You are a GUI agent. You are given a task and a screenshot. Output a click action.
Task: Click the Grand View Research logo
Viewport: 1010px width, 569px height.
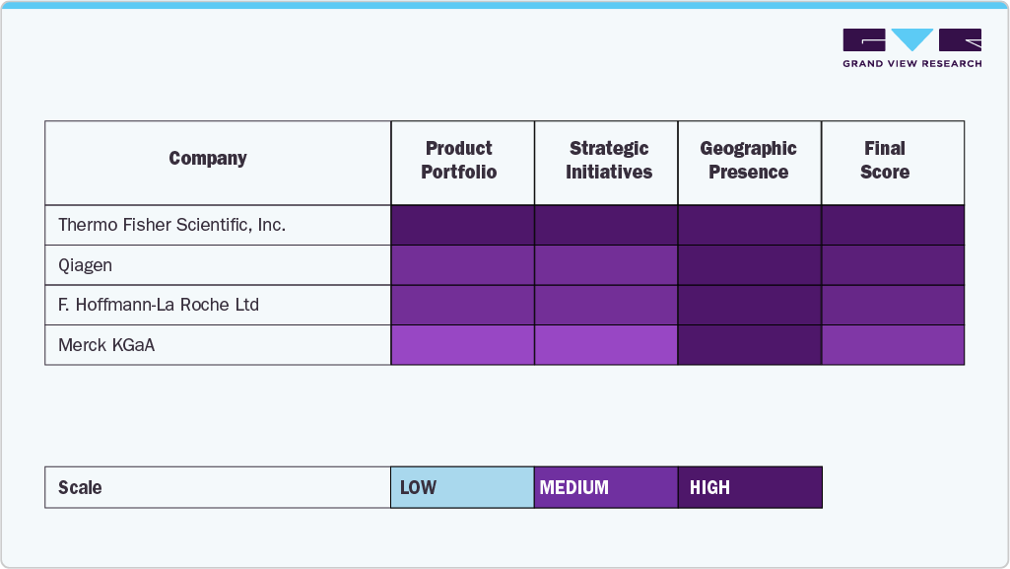(911, 48)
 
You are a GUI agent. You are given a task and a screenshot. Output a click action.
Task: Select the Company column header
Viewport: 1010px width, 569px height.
(208, 159)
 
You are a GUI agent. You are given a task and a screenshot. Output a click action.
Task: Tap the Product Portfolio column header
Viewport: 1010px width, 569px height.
(459, 161)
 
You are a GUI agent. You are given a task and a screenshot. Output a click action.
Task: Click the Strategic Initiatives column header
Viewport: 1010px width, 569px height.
(608, 161)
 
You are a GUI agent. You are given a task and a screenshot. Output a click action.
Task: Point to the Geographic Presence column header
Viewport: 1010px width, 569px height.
(749, 161)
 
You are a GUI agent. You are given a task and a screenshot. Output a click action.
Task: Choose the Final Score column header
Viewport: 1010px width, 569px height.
(885, 161)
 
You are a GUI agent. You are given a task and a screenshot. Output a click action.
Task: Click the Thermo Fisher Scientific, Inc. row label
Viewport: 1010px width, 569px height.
(171, 225)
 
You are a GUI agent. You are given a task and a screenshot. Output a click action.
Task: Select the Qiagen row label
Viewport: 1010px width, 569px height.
(86, 265)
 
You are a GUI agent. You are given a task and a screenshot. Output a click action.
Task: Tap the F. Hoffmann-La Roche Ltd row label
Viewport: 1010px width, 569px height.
(159, 305)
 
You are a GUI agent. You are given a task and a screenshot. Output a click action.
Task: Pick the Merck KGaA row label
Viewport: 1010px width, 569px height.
(105, 345)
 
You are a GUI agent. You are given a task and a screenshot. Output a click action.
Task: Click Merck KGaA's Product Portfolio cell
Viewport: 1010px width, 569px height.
(463, 345)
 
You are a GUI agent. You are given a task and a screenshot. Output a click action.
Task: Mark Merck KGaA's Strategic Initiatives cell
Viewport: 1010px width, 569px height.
(606, 345)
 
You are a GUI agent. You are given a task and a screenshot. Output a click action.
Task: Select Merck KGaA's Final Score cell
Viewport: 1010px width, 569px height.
(893, 345)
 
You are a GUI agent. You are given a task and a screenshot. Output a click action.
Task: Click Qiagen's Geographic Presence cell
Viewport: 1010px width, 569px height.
(750, 265)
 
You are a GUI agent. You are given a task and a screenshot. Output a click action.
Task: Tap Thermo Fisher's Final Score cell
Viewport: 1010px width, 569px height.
(893, 225)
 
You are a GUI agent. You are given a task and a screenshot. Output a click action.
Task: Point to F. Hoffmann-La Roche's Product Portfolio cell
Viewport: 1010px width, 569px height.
(463, 305)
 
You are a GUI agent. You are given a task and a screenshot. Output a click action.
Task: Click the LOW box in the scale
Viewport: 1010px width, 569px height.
(462, 487)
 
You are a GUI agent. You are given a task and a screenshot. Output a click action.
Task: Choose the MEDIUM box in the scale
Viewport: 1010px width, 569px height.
(606, 487)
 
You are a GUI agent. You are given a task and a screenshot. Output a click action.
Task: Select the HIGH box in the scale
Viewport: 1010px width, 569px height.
(750, 487)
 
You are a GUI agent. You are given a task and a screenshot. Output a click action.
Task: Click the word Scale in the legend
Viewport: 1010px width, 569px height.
(80, 488)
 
